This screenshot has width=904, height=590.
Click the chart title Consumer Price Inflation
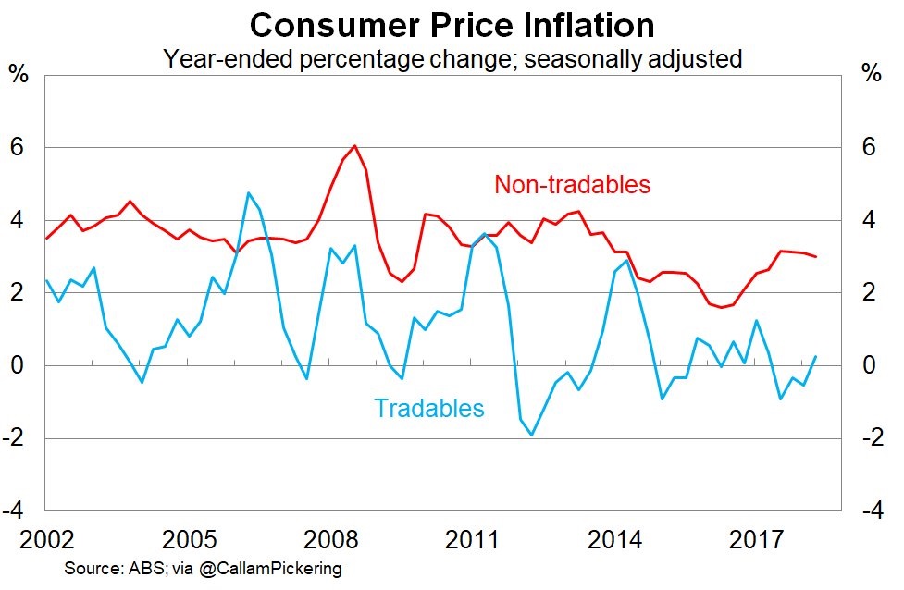tap(452, 24)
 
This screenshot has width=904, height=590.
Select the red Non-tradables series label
tap(572, 184)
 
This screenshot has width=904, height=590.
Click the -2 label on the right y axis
tap(872, 438)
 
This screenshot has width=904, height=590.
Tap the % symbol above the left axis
tap(18, 74)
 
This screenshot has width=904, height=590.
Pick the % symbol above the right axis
tap(871, 74)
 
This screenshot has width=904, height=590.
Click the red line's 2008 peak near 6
tap(355, 146)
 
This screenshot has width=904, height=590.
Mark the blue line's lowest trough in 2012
tap(531, 435)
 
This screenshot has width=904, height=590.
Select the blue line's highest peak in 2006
tap(248, 192)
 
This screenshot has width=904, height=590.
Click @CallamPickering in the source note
tap(277, 569)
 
